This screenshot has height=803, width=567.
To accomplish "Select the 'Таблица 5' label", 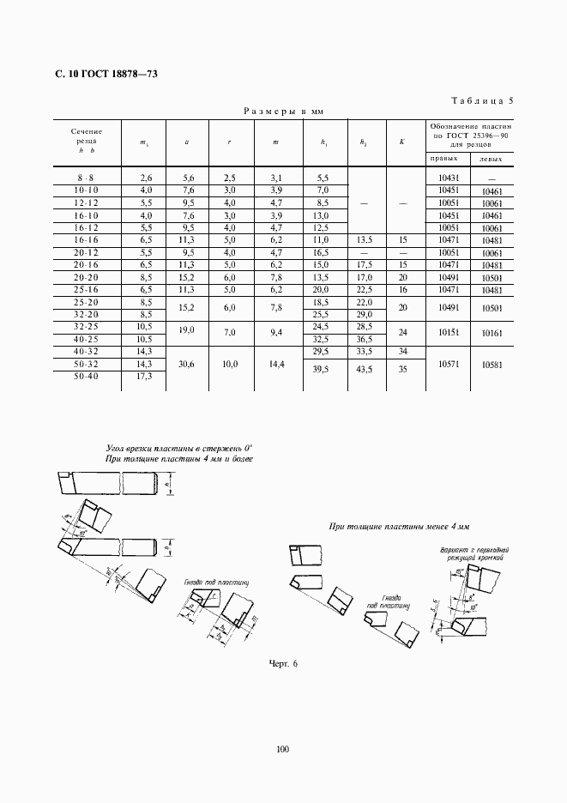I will click(480, 100).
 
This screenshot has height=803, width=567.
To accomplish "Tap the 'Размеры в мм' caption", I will click(280, 112).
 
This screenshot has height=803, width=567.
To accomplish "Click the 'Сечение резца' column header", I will click(87, 141).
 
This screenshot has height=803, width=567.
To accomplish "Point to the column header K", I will click(401, 141).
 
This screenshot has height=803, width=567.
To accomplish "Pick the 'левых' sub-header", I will click(492, 159).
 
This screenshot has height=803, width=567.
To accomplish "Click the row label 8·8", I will click(87, 176).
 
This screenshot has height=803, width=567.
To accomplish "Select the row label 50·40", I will click(87, 377).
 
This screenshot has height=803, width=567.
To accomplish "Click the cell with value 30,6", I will click(187, 364).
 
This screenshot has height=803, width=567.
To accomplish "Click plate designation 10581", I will click(492, 364).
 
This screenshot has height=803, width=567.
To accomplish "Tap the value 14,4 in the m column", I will click(275, 364).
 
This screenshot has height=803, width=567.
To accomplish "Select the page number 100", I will click(283, 749).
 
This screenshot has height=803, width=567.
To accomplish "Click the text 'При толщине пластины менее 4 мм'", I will click(401, 525).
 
